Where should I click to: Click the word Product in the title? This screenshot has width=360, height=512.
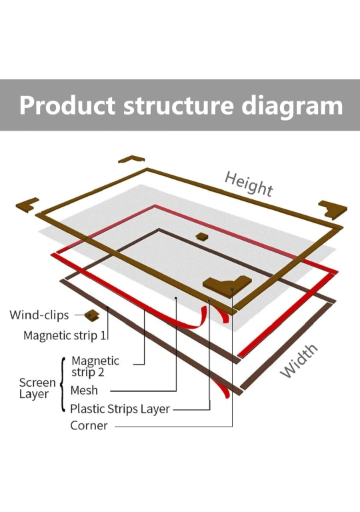pyautogui.click(x=67, y=105)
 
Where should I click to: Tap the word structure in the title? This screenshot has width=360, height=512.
pyautogui.click(x=179, y=105)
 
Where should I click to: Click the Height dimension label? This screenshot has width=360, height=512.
pyautogui.click(x=249, y=184)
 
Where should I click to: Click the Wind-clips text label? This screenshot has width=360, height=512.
pyautogui.click(x=39, y=315)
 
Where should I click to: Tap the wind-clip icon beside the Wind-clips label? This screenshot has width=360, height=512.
pyautogui.click(x=92, y=316)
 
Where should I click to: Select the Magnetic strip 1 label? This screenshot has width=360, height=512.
pyautogui.click(x=65, y=335)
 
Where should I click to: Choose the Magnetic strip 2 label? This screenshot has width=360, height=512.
pyautogui.click(x=95, y=367)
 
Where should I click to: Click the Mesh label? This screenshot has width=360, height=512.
pyautogui.click(x=84, y=390)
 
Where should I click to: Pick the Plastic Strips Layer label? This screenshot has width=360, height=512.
pyautogui.click(x=120, y=409)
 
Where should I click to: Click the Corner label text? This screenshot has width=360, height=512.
pyautogui.click(x=89, y=426)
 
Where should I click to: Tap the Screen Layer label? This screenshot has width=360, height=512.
pyautogui.click(x=37, y=388)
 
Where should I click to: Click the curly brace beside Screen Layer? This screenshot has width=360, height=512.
pyautogui.click(x=63, y=385)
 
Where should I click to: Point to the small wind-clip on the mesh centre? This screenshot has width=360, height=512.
pyautogui.click(x=202, y=236)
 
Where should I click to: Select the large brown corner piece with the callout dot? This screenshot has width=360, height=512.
pyautogui.click(x=227, y=285)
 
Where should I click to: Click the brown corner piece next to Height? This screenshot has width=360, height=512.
pyautogui.click(x=333, y=209)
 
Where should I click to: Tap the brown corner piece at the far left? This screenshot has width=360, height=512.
pyautogui.click(x=27, y=205)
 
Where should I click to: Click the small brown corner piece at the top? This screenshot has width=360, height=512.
pyautogui.click(x=131, y=159)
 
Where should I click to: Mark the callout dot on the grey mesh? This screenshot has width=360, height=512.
pyautogui.click(x=176, y=297)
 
